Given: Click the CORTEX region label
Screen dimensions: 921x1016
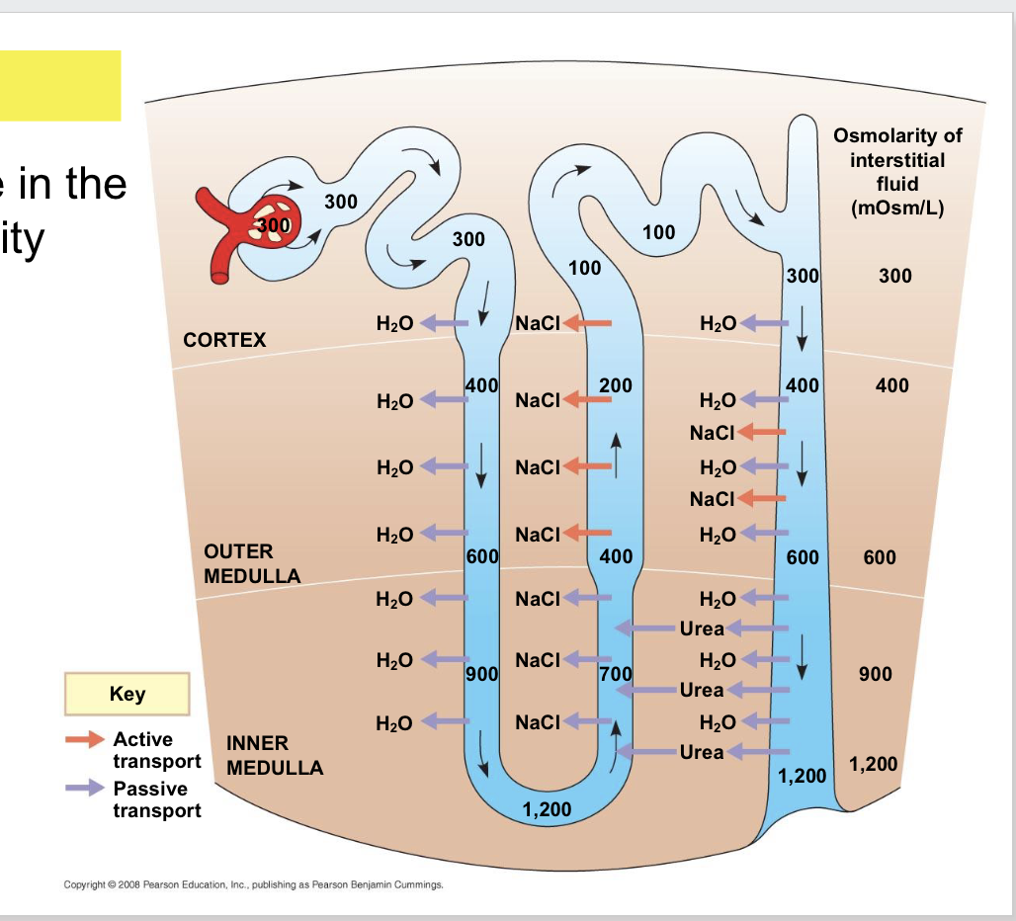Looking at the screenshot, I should pos(224,340).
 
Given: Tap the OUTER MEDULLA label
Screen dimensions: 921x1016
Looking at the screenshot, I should pos(251,563).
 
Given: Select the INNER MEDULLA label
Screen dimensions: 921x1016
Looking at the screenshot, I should pos(274,755).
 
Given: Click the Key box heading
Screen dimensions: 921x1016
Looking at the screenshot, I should pos(127,694).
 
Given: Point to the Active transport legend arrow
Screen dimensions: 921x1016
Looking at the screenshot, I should pos(84,739).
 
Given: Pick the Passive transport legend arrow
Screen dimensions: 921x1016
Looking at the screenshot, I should pos(84,788).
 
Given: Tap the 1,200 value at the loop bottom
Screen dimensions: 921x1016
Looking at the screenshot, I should pos(547,810).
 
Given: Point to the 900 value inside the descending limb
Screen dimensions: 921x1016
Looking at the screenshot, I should pos(481,676).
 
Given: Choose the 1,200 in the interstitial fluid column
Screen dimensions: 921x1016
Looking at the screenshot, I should pos(873,764).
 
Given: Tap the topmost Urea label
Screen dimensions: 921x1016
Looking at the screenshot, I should pos(702,628).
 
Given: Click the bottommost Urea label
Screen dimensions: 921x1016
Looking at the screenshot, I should pos(702,752).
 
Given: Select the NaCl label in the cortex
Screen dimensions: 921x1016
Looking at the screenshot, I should pos(538,323).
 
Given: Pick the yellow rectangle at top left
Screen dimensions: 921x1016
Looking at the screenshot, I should pos(60,85).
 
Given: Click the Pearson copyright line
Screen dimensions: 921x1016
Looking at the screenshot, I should pos(253,884).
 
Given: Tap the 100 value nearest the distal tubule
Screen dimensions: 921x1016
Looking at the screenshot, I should pos(658,232).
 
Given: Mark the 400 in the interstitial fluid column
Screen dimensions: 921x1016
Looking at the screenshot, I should pos(891,385).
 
